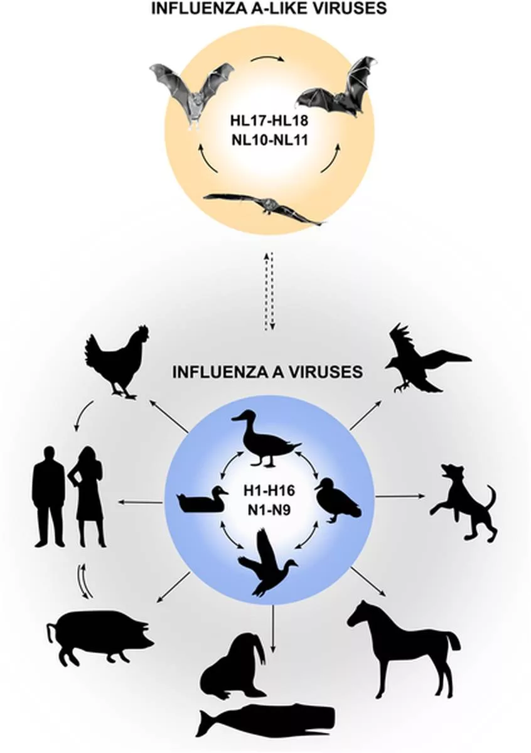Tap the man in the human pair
pos(49,496)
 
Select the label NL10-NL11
pos(268,139)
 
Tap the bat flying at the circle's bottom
pos(264,207)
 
